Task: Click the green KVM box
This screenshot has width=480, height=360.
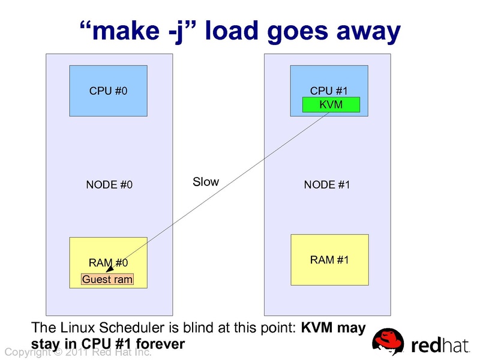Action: click(331, 105)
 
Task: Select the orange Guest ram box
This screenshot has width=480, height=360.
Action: click(107, 279)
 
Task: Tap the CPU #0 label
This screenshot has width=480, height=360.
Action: click(109, 91)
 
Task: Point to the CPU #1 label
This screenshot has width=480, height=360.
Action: click(329, 91)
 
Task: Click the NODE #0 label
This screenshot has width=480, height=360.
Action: click(109, 185)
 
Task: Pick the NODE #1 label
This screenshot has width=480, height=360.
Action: click(327, 185)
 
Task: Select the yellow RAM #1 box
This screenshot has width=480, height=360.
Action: click(329, 259)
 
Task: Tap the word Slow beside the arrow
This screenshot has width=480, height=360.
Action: click(206, 182)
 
